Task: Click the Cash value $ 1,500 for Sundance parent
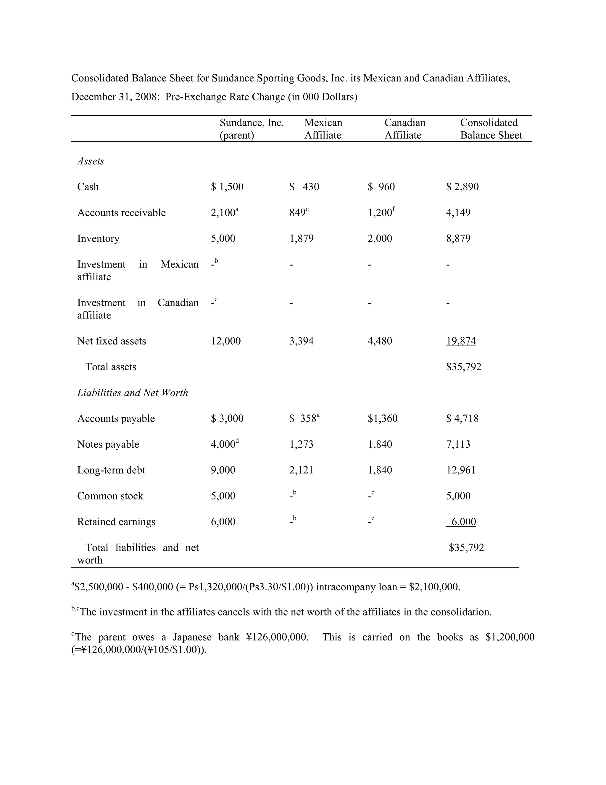click(227, 187)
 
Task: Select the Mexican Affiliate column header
click(323, 129)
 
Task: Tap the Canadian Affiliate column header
click(404, 129)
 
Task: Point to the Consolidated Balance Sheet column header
click(491, 129)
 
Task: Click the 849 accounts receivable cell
click(298, 213)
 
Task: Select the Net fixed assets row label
click(112, 341)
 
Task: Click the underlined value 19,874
click(461, 341)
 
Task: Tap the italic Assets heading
click(91, 161)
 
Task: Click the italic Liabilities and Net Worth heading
click(133, 392)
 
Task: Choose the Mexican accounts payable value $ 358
click(304, 418)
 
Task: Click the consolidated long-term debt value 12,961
click(461, 470)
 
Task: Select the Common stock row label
click(110, 496)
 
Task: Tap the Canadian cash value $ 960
click(381, 187)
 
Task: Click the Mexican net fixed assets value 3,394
click(301, 341)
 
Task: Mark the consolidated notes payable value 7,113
click(458, 444)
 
